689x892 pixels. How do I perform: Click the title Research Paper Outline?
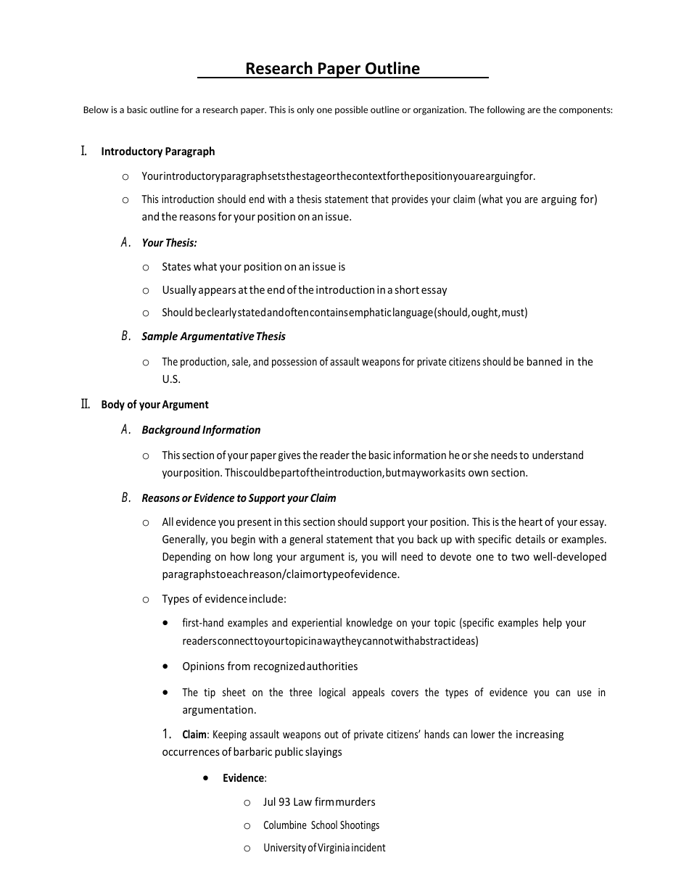(x=332, y=68)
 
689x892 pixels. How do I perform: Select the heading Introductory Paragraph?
(x=157, y=152)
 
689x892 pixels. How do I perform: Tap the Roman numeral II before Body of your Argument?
(x=86, y=404)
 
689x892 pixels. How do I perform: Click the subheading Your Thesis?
(x=169, y=243)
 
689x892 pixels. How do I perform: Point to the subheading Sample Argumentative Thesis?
(x=213, y=336)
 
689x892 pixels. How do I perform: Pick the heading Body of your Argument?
(x=154, y=405)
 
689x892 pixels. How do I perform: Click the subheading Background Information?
(x=201, y=429)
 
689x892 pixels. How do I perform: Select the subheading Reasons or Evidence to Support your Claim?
(x=239, y=497)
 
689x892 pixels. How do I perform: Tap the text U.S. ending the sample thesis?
(x=171, y=379)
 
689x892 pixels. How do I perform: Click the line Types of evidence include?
(x=224, y=598)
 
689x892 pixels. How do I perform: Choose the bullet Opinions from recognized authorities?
(x=270, y=666)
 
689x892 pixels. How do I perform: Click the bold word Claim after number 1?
(x=194, y=735)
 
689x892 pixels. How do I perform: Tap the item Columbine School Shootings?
(x=321, y=825)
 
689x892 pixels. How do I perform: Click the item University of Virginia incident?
(x=324, y=847)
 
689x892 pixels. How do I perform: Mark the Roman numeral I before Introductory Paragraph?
(x=84, y=151)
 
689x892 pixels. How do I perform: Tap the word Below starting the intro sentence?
(x=96, y=110)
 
